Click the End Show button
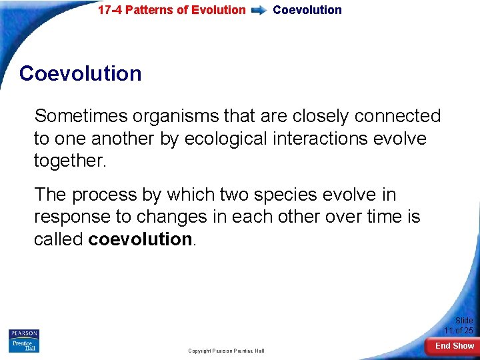[x=454, y=346]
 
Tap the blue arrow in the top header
[x=259, y=11]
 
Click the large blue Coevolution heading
[x=81, y=73]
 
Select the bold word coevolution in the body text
[x=140, y=239]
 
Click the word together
[x=69, y=161]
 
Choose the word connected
[x=397, y=116]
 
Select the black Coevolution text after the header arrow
[x=307, y=10]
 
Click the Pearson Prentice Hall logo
[x=23, y=341]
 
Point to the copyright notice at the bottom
[x=226, y=351]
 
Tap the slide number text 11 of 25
[x=459, y=331]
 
